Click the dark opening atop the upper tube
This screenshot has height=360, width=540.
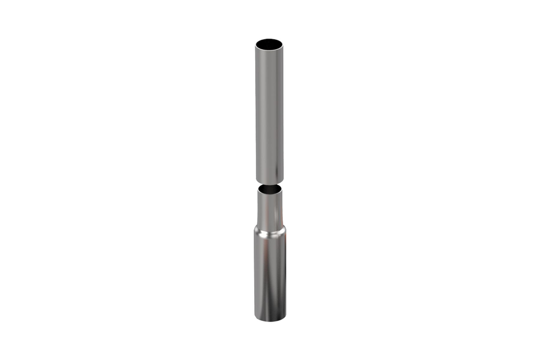[269, 43]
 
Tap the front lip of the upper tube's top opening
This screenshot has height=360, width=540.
[269, 49]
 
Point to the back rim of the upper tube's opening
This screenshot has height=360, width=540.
[269, 38]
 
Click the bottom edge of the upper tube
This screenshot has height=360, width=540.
[269, 183]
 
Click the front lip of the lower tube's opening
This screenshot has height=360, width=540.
[269, 194]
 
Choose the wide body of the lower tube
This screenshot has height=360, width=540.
[269, 274]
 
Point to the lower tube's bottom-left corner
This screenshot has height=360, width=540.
[255, 317]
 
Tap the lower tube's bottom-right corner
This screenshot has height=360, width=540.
[285, 317]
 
